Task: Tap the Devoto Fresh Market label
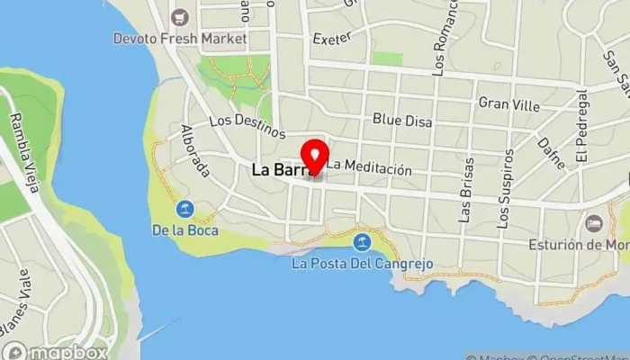[x=179, y=39]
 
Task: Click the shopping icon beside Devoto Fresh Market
[x=179, y=16]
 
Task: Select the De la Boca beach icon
[x=184, y=209]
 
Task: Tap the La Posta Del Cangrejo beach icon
[x=362, y=241]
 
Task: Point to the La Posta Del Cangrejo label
[x=363, y=264]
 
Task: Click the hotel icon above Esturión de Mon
[x=593, y=222]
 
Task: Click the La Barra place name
[x=279, y=168]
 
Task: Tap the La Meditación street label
[x=369, y=168]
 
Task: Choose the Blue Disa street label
[x=402, y=121]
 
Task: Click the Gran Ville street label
[x=509, y=105]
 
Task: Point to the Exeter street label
[x=330, y=39]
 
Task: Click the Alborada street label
[x=195, y=150]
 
